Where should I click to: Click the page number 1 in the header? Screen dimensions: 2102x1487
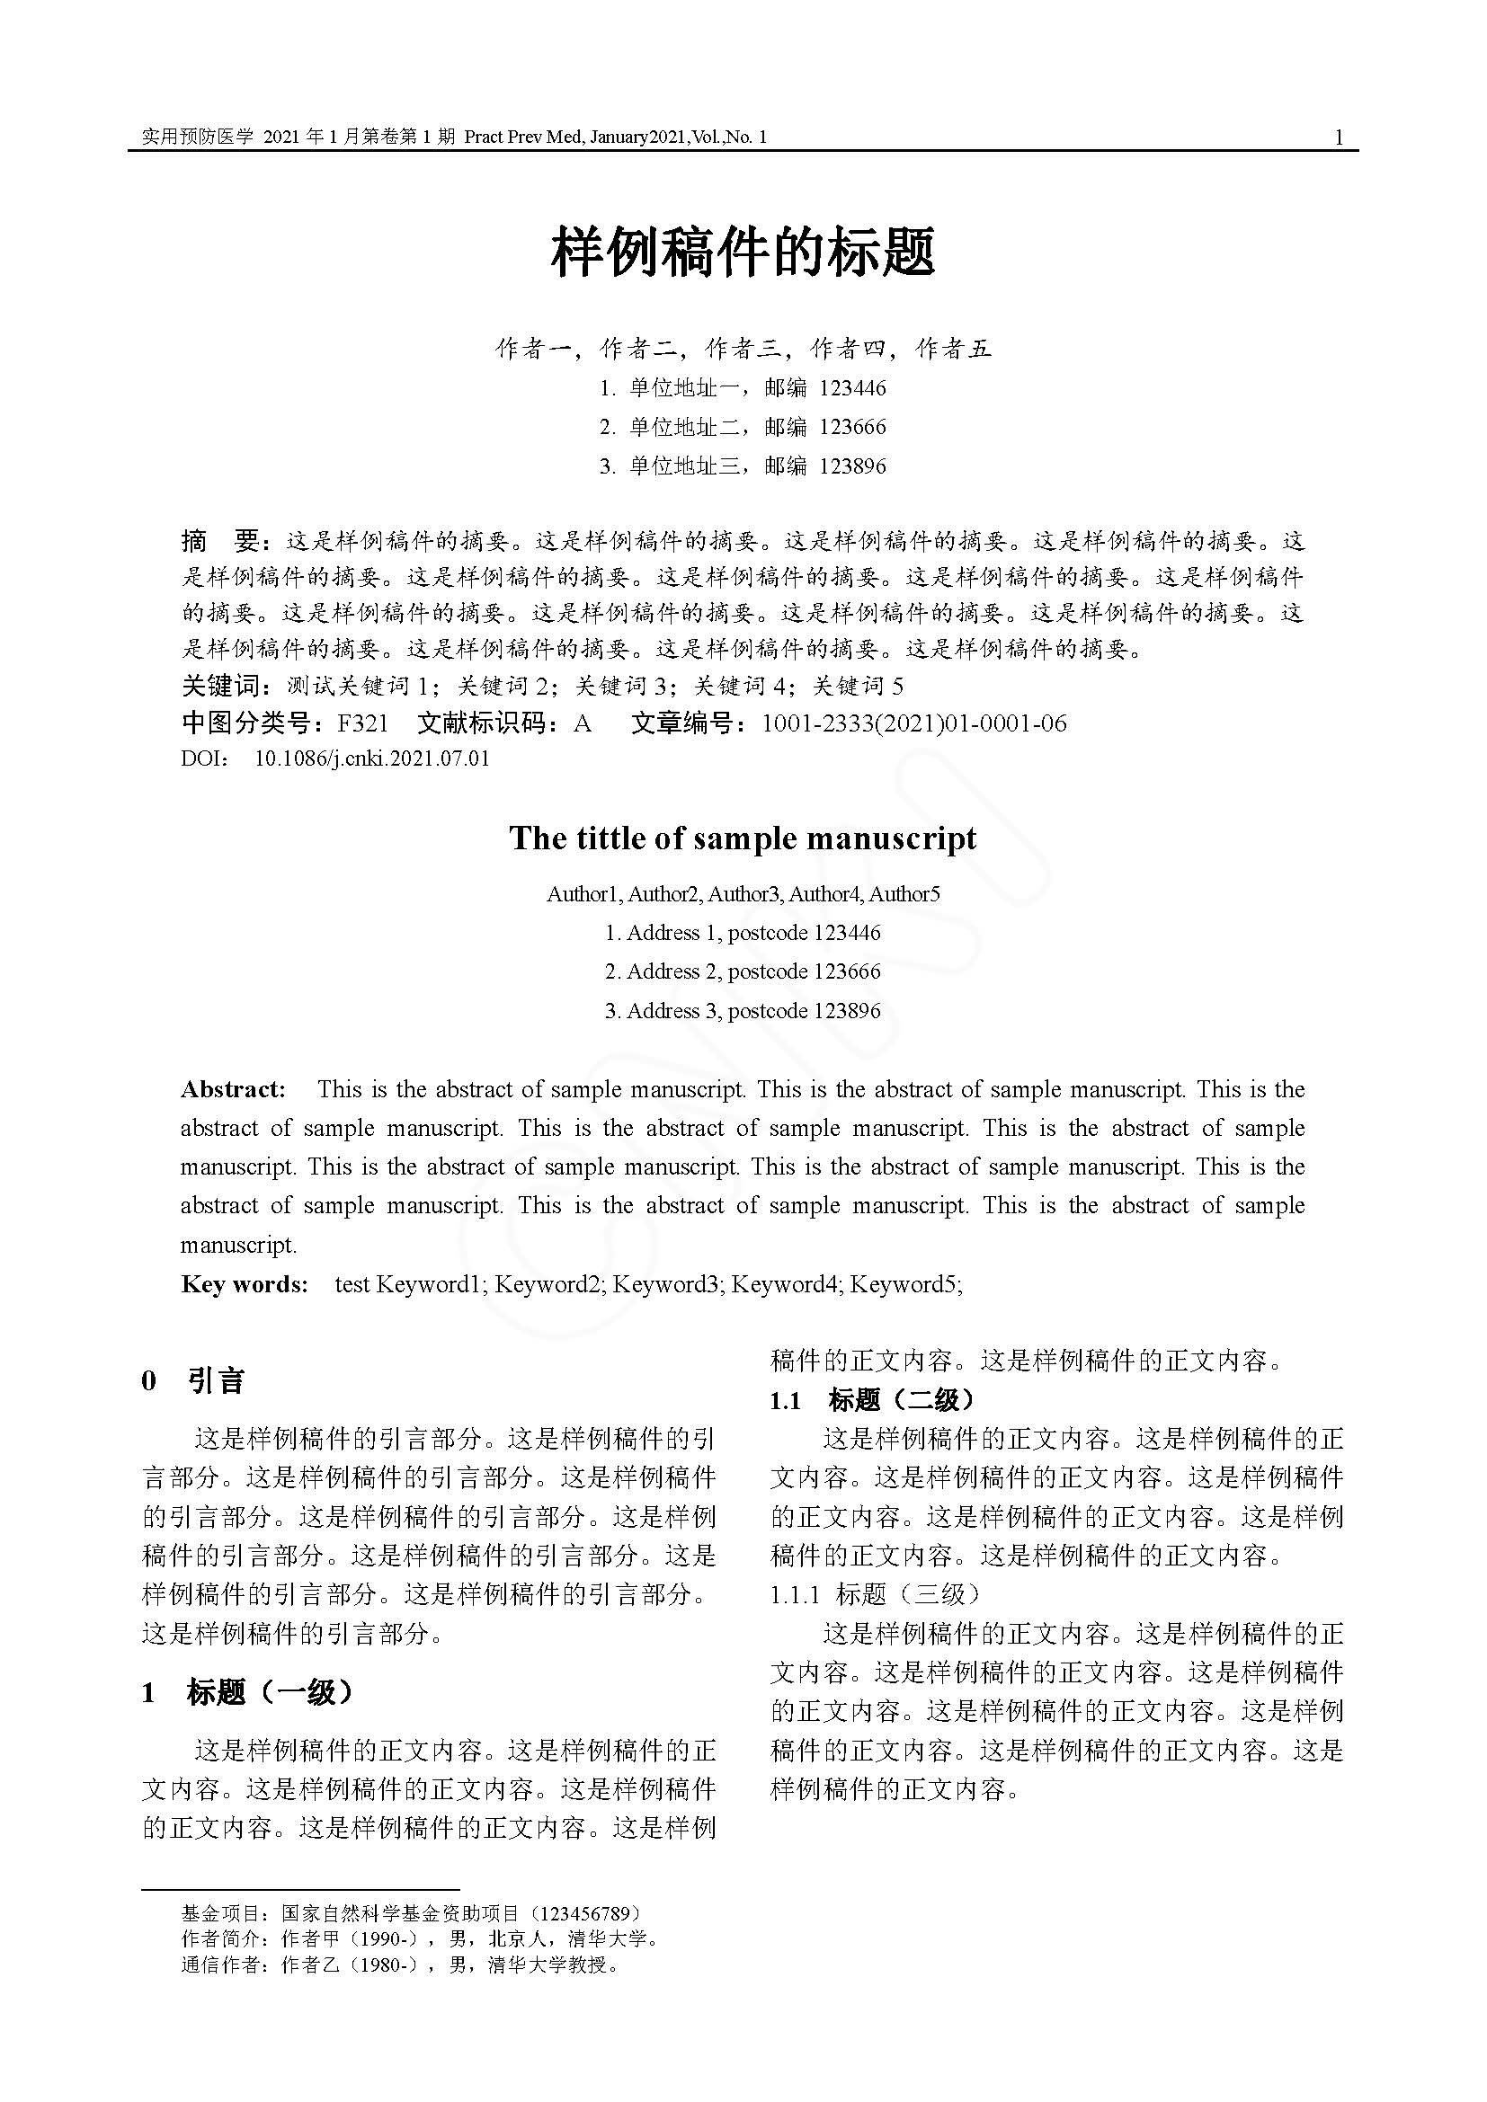1339,138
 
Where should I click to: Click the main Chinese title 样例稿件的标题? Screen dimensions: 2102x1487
743,253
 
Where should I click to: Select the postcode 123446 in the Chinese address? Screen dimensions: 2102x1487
852,388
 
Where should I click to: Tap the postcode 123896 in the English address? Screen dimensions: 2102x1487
847,1011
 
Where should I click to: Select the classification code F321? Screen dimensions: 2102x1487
362,723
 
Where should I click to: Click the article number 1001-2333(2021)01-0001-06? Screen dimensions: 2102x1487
913,723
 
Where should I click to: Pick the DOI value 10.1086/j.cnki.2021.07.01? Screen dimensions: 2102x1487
372,759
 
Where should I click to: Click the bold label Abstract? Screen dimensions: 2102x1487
234,1089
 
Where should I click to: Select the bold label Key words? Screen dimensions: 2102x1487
245,1283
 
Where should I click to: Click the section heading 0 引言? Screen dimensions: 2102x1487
193,1380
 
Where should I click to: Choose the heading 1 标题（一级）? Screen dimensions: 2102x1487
247,1693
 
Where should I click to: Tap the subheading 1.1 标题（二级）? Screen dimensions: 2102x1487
874,1400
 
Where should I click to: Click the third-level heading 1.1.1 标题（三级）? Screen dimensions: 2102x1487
876,1594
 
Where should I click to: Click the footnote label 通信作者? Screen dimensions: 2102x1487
219,1964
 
